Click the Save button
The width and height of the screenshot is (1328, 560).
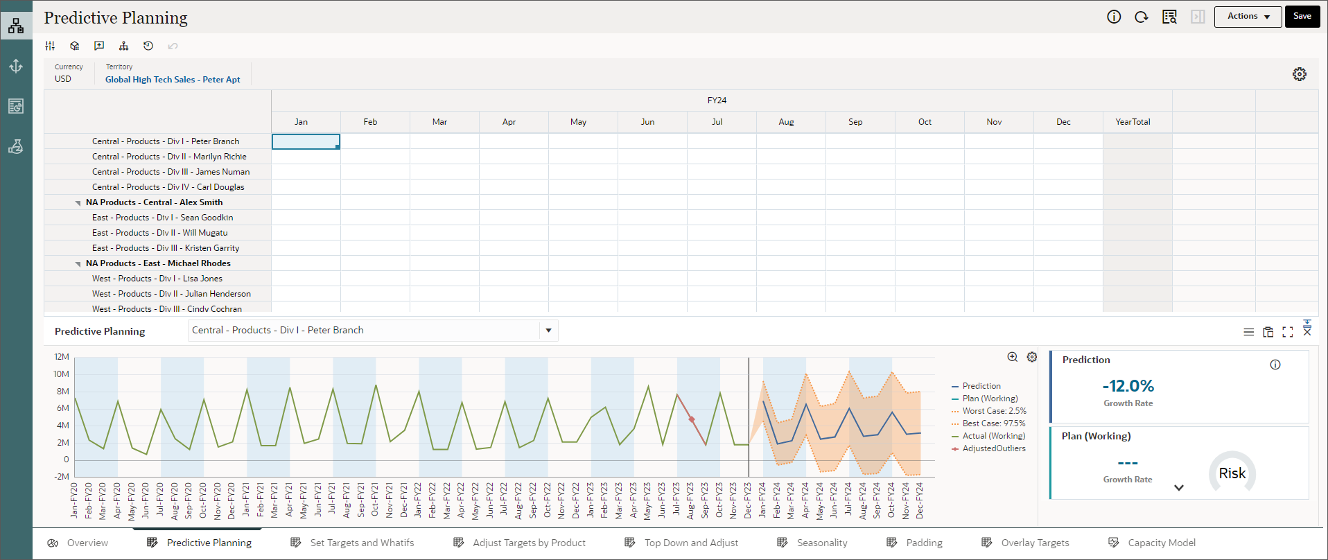tap(1302, 16)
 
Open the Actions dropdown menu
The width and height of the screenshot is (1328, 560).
tap(1248, 17)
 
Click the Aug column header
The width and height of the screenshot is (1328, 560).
tap(786, 122)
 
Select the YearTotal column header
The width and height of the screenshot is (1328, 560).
tap(1133, 122)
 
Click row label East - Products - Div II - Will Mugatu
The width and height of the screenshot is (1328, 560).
tap(159, 233)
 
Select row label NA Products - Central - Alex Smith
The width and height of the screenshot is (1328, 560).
tap(154, 202)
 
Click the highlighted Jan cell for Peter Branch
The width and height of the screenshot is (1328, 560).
tap(306, 141)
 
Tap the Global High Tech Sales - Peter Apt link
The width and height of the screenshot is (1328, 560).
tap(173, 80)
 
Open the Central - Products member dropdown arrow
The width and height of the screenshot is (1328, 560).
tap(548, 331)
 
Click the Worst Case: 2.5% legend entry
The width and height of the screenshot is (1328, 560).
tap(994, 411)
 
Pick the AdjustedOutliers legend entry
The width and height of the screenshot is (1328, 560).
tap(993, 448)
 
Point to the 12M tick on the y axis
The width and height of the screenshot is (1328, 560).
tap(62, 357)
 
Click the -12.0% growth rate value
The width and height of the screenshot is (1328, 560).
tap(1128, 386)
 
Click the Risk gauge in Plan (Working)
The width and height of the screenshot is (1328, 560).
tap(1232, 473)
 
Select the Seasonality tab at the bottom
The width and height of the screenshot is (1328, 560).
tap(821, 543)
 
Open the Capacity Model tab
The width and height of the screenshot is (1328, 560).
tap(1161, 543)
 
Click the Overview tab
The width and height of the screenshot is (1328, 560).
tap(87, 543)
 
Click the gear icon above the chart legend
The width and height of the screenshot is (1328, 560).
tap(1032, 357)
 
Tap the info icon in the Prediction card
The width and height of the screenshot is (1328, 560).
tap(1275, 365)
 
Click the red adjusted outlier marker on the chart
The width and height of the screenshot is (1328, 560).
tap(692, 419)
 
